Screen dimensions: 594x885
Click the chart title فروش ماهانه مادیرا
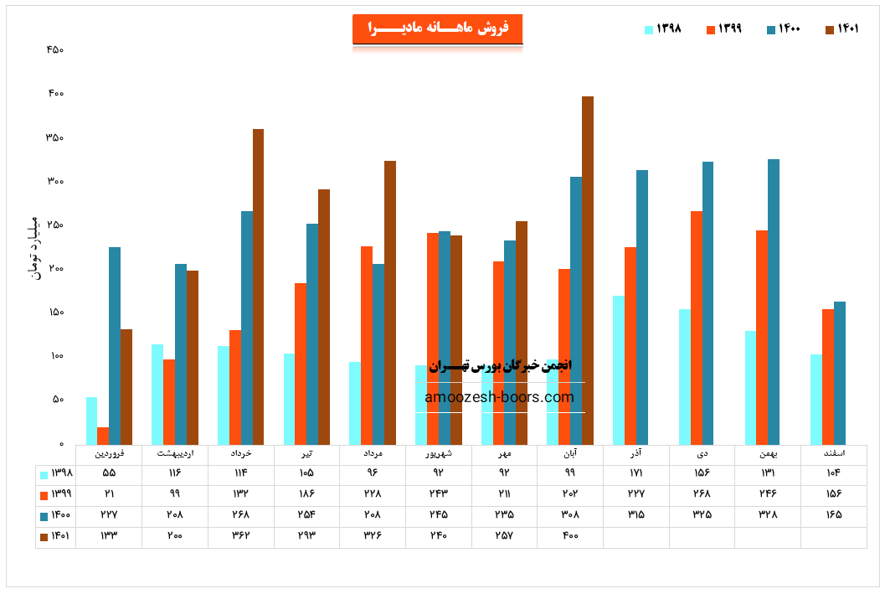(x=437, y=28)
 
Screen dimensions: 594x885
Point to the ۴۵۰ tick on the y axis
(x=55, y=50)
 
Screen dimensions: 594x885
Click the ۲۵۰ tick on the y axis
(x=55, y=225)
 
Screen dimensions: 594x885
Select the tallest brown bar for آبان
(x=588, y=270)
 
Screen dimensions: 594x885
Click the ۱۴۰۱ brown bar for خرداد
(x=258, y=287)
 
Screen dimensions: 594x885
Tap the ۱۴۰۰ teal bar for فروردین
(x=115, y=345)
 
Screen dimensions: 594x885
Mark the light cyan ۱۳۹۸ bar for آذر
(x=619, y=369)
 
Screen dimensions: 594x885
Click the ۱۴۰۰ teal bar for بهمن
(x=774, y=302)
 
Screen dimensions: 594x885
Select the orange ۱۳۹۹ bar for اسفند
(x=828, y=376)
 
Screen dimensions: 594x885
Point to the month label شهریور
(x=438, y=453)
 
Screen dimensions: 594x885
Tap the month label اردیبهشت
(x=175, y=453)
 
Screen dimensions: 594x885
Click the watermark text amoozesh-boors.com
(x=500, y=397)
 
